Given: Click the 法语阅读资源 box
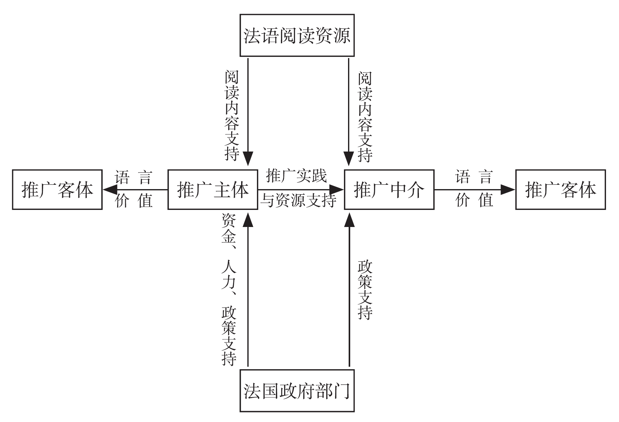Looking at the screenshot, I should pos(297,35).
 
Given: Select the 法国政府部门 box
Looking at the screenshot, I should pos(297,390).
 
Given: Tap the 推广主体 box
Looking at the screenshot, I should pos(213,189).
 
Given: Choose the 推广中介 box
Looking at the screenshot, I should pos(389,189).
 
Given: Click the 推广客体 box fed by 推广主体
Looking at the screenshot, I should pos(57,189).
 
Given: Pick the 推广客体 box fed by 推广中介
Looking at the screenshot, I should pos(561,189).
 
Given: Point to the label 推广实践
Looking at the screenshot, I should pos(297,176).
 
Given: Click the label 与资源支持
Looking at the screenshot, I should pos(298,201).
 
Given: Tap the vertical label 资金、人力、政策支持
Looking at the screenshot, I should pos(229,289).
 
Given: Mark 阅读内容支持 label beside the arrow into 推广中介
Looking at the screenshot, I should pos(365,117).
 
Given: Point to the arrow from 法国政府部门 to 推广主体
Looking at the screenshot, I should pos(248,292).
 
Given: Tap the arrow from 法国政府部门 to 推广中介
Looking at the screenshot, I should pos(349,292).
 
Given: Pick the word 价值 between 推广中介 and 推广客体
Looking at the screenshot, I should pos(474,200).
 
